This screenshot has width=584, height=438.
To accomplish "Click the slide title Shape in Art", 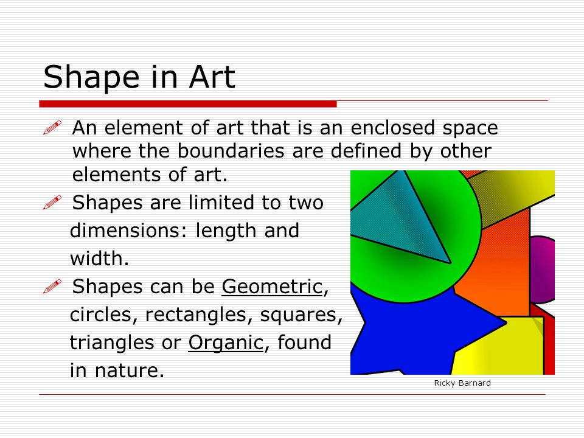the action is tap(139, 77).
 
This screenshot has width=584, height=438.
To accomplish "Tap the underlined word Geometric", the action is tap(272, 287).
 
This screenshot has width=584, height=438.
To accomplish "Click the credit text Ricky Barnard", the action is tap(462, 383).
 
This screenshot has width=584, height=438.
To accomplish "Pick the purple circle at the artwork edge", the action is tap(542, 269).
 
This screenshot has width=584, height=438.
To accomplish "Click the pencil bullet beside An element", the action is tap(52, 127).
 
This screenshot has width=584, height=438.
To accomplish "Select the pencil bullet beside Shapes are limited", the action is tap(52, 202).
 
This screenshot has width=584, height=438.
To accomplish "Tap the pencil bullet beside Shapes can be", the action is tap(52, 286).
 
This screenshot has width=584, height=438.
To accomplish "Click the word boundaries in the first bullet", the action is tap(231, 151).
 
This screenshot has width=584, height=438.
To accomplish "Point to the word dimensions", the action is tap(125, 231).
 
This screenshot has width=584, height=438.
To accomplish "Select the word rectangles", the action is tap(196, 315).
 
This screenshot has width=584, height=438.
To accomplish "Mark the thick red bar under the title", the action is tap(188, 104).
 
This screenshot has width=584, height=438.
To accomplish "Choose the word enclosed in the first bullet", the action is tap(392, 127).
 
